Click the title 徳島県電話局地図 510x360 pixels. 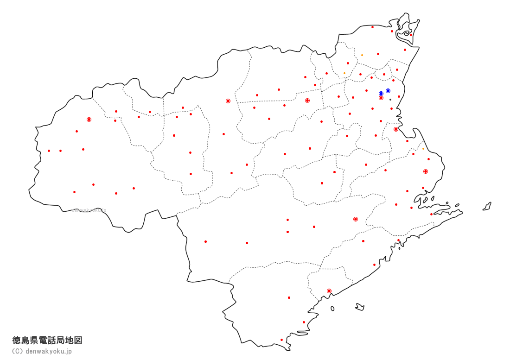(x=47, y=340)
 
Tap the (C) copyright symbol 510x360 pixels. (x=17, y=351)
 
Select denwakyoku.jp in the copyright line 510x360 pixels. (x=49, y=351)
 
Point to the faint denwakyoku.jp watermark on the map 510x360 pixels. (x=89, y=210)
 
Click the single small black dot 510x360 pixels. (x=390, y=100)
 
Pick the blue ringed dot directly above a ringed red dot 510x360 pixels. (x=381, y=94)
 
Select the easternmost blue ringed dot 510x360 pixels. (x=388, y=91)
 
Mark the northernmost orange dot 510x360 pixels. (x=362, y=55)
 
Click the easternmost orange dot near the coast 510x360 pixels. (x=423, y=149)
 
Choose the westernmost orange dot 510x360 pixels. (x=344, y=73)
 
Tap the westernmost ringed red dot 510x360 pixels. (x=89, y=120)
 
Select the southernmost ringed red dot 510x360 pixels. (x=329, y=291)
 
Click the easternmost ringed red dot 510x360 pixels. (x=426, y=171)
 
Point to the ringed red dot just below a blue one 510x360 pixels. (x=381, y=98)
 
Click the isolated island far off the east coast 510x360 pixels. (x=487, y=206)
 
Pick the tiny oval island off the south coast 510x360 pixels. (x=332, y=309)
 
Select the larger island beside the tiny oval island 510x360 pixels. (x=360, y=306)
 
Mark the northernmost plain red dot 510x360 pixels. (x=372, y=27)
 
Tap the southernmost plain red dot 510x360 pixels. (x=281, y=340)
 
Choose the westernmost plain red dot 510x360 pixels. (x=49, y=151)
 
